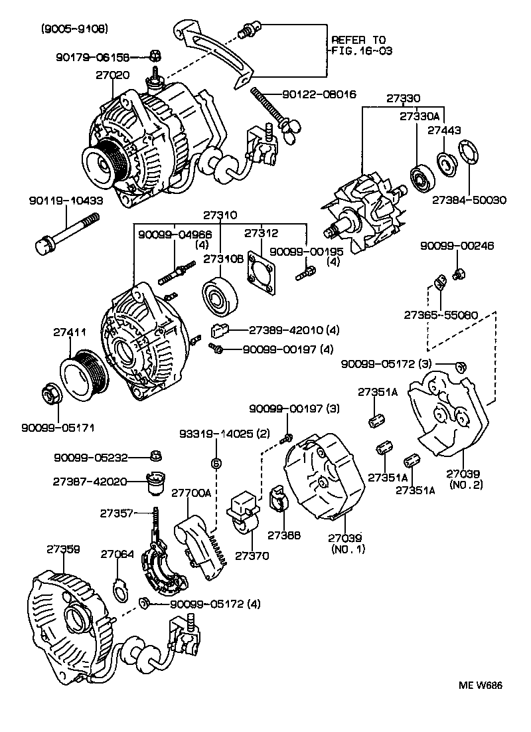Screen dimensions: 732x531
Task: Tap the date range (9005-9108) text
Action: click(74, 29)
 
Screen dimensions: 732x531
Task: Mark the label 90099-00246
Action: click(457, 246)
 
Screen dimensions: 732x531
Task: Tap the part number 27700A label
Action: click(190, 494)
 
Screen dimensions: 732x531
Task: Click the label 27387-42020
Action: click(90, 481)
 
